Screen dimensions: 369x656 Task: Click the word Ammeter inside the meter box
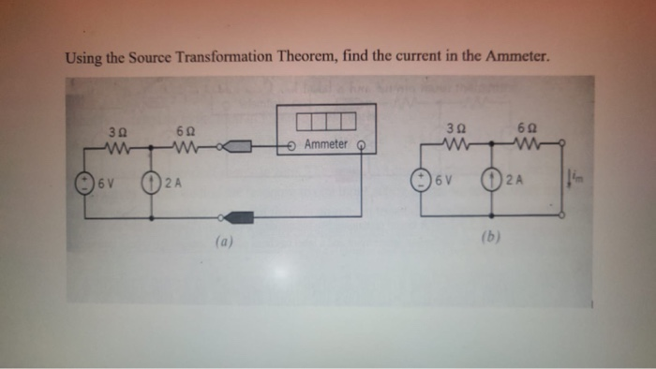(x=326, y=145)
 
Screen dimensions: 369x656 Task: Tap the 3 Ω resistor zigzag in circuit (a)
(x=118, y=146)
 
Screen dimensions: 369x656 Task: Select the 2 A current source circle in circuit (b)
(x=491, y=179)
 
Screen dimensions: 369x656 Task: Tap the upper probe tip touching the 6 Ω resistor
(x=238, y=147)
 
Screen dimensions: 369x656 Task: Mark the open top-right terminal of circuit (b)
(x=562, y=144)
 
